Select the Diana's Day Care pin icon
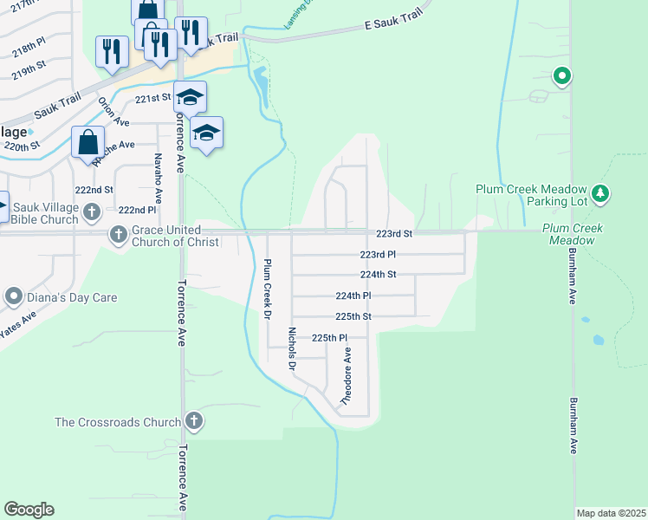[13, 297]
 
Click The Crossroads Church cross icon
[194, 422]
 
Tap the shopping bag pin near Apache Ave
[88, 141]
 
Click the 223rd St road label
[394, 234]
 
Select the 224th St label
[379, 274]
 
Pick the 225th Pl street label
[329, 338]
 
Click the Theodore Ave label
[347, 378]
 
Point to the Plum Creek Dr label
[268, 289]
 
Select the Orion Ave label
[107, 112]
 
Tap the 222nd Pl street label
[137, 210]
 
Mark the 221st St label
[152, 100]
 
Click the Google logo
[29, 510]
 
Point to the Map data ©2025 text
[611, 513]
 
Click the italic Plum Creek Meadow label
[573, 233]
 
